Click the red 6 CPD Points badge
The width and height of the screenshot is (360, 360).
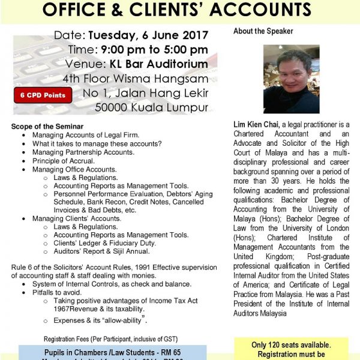tap(43, 95)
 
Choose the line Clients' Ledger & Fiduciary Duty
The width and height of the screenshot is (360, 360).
tap(105, 243)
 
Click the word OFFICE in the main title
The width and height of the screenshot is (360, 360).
tap(81, 10)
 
